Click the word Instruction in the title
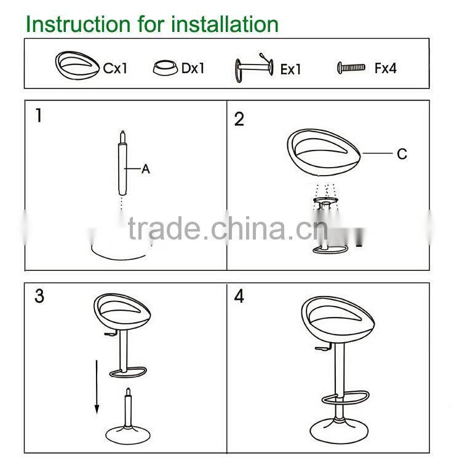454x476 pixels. point(78,25)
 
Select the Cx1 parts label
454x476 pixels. point(115,68)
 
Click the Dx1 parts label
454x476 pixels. point(193,68)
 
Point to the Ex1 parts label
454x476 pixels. point(291,69)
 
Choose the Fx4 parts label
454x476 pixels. point(385,68)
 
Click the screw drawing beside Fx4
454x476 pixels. point(351,68)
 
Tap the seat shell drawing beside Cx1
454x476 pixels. point(78,66)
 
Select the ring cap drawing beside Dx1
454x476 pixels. point(165,68)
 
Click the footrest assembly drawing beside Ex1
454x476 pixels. point(254,68)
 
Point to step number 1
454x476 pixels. point(39,115)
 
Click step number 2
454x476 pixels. point(239,119)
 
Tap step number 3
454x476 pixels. point(39,296)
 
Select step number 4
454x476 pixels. point(239,296)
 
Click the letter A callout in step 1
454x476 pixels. point(146,169)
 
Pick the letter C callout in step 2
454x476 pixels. point(402,154)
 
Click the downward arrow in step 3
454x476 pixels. point(97,387)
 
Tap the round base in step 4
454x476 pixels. point(339,431)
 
